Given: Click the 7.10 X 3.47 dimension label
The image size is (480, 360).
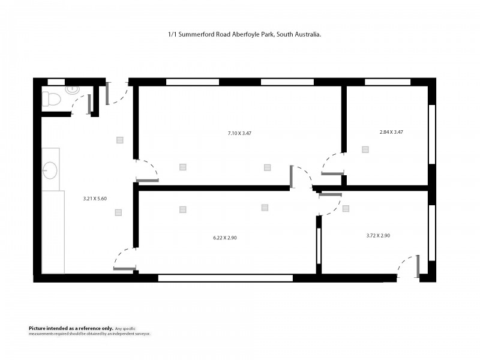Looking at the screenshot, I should coord(239,133).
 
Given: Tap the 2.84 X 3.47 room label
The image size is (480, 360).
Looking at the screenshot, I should coord(391,131).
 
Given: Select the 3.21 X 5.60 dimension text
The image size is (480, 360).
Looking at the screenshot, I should coord(94,199).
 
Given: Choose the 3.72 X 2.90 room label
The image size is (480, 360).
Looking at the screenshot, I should coord(378,236).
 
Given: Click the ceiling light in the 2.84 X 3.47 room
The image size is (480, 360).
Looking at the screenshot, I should coord(365,149).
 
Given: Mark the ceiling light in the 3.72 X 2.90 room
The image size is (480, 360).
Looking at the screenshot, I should coord(346,209).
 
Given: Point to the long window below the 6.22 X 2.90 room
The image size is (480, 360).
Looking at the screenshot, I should coord(225,278).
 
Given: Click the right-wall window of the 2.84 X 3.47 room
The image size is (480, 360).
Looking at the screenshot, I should coord(431,134).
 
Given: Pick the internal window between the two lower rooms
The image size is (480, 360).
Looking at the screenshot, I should coord(319,246).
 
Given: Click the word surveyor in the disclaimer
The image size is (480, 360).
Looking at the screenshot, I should coord(139,333).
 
